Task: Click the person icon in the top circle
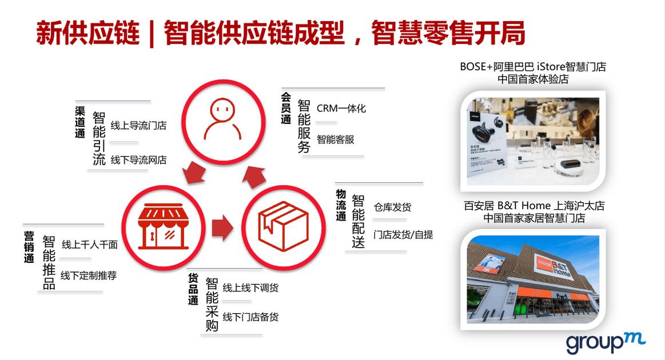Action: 222,119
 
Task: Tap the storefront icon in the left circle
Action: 163,226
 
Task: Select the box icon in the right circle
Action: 283,226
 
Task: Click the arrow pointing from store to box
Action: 222,227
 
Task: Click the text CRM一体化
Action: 341,109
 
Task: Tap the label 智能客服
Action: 335,139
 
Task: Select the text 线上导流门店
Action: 138,126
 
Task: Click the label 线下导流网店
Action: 138,160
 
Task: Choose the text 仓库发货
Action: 392,207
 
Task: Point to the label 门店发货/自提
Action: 403,234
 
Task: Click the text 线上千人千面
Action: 90,244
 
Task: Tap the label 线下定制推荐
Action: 89,275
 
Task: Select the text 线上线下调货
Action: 250,288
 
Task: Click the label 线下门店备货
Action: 250,317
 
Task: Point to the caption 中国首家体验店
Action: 533,79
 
